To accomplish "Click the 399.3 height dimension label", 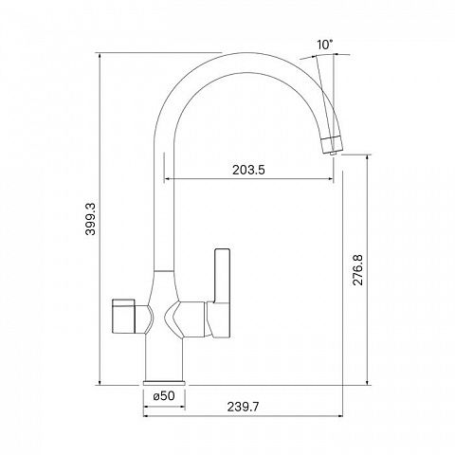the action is [90, 219].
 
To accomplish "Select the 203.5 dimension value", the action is [248, 170].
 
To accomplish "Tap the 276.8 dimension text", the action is [358, 269].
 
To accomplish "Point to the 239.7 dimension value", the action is [243, 407].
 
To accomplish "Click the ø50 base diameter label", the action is [164, 395].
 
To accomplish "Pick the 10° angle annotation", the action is [325, 45].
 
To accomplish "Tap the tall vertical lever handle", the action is [222, 276].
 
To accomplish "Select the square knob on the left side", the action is [124, 316].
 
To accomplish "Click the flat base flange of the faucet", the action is [164, 383].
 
